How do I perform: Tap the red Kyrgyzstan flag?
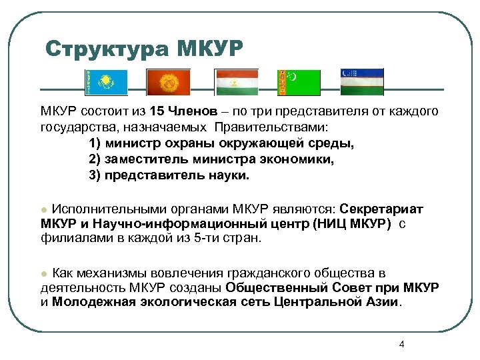coord(169,83)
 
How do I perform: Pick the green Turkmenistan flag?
coord(299,83)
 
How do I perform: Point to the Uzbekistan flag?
coord(363,82)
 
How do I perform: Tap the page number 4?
coord(401,344)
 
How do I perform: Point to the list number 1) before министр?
coord(96,143)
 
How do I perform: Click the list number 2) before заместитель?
coord(96,160)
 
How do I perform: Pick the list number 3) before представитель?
coord(96,176)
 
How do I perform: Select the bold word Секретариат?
coord(381,209)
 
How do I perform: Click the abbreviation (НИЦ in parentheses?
coord(327,223)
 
